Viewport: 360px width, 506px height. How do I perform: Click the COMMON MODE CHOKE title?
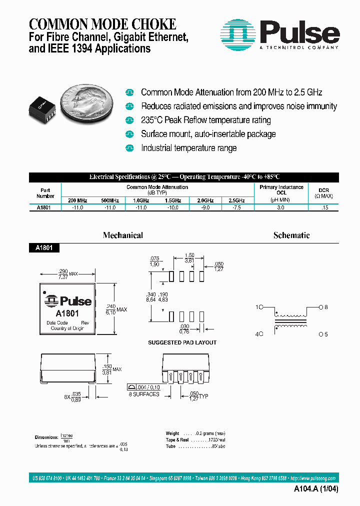click(102, 23)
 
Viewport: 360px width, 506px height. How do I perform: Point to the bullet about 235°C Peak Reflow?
click(205, 120)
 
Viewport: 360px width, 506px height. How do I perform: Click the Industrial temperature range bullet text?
click(188, 148)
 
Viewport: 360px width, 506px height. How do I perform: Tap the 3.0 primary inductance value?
click(281, 207)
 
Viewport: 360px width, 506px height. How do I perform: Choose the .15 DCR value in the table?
click(325, 207)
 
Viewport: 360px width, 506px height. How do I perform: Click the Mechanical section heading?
click(122, 235)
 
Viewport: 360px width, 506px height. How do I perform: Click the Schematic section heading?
click(291, 235)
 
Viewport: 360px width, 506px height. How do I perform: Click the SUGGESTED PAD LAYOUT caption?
click(182, 342)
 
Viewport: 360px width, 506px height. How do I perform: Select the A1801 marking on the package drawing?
click(66, 313)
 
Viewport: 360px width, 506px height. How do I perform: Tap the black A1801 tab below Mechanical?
click(44, 247)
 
